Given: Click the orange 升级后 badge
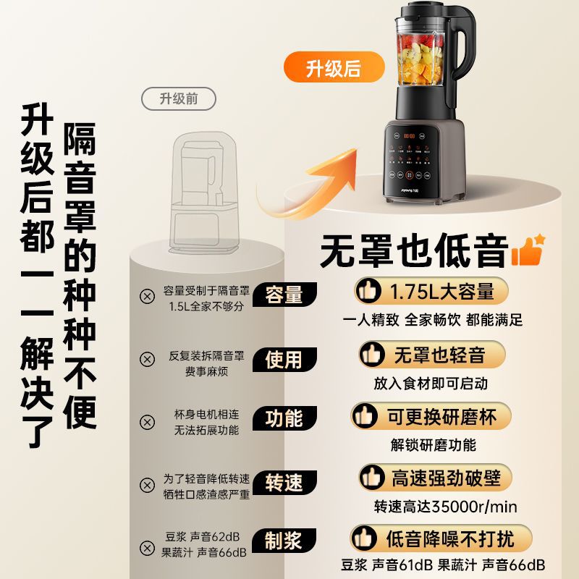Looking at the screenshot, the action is click(x=334, y=67).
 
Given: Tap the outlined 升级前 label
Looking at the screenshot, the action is click(x=179, y=98).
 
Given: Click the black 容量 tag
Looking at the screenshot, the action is click(x=284, y=295).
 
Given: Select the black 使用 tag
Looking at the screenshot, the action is click(x=284, y=359).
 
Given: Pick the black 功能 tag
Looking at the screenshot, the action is click(x=284, y=418).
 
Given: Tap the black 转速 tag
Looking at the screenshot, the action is click(x=284, y=483).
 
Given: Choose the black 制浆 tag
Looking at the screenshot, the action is click(x=284, y=541).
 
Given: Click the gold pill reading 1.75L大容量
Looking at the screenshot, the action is click(x=431, y=291).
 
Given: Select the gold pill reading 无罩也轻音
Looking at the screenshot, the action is click(x=431, y=355).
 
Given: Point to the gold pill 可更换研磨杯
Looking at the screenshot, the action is click(x=431, y=417).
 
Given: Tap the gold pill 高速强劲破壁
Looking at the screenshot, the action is click(x=436, y=478).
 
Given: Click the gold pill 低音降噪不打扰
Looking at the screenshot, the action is click(x=441, y=538).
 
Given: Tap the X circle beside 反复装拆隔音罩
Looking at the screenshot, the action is click(x=147, y=359).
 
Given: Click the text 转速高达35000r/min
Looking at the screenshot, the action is click(x=445, y=507).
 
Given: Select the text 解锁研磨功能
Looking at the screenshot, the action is click(x=433, y=445).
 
